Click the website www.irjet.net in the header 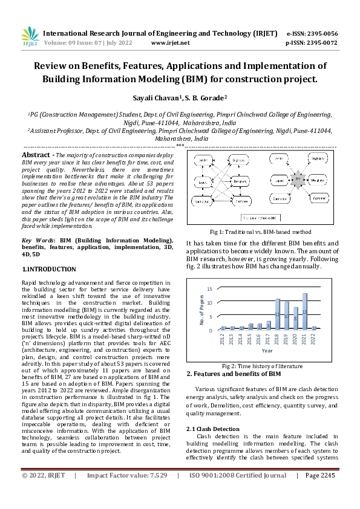(x=170, y=43)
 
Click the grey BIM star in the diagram (x=297, y=179)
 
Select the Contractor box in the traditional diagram (x=202, y=201)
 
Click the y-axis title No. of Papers (x=202, y=308)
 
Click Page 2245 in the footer (x=319, y=493)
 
